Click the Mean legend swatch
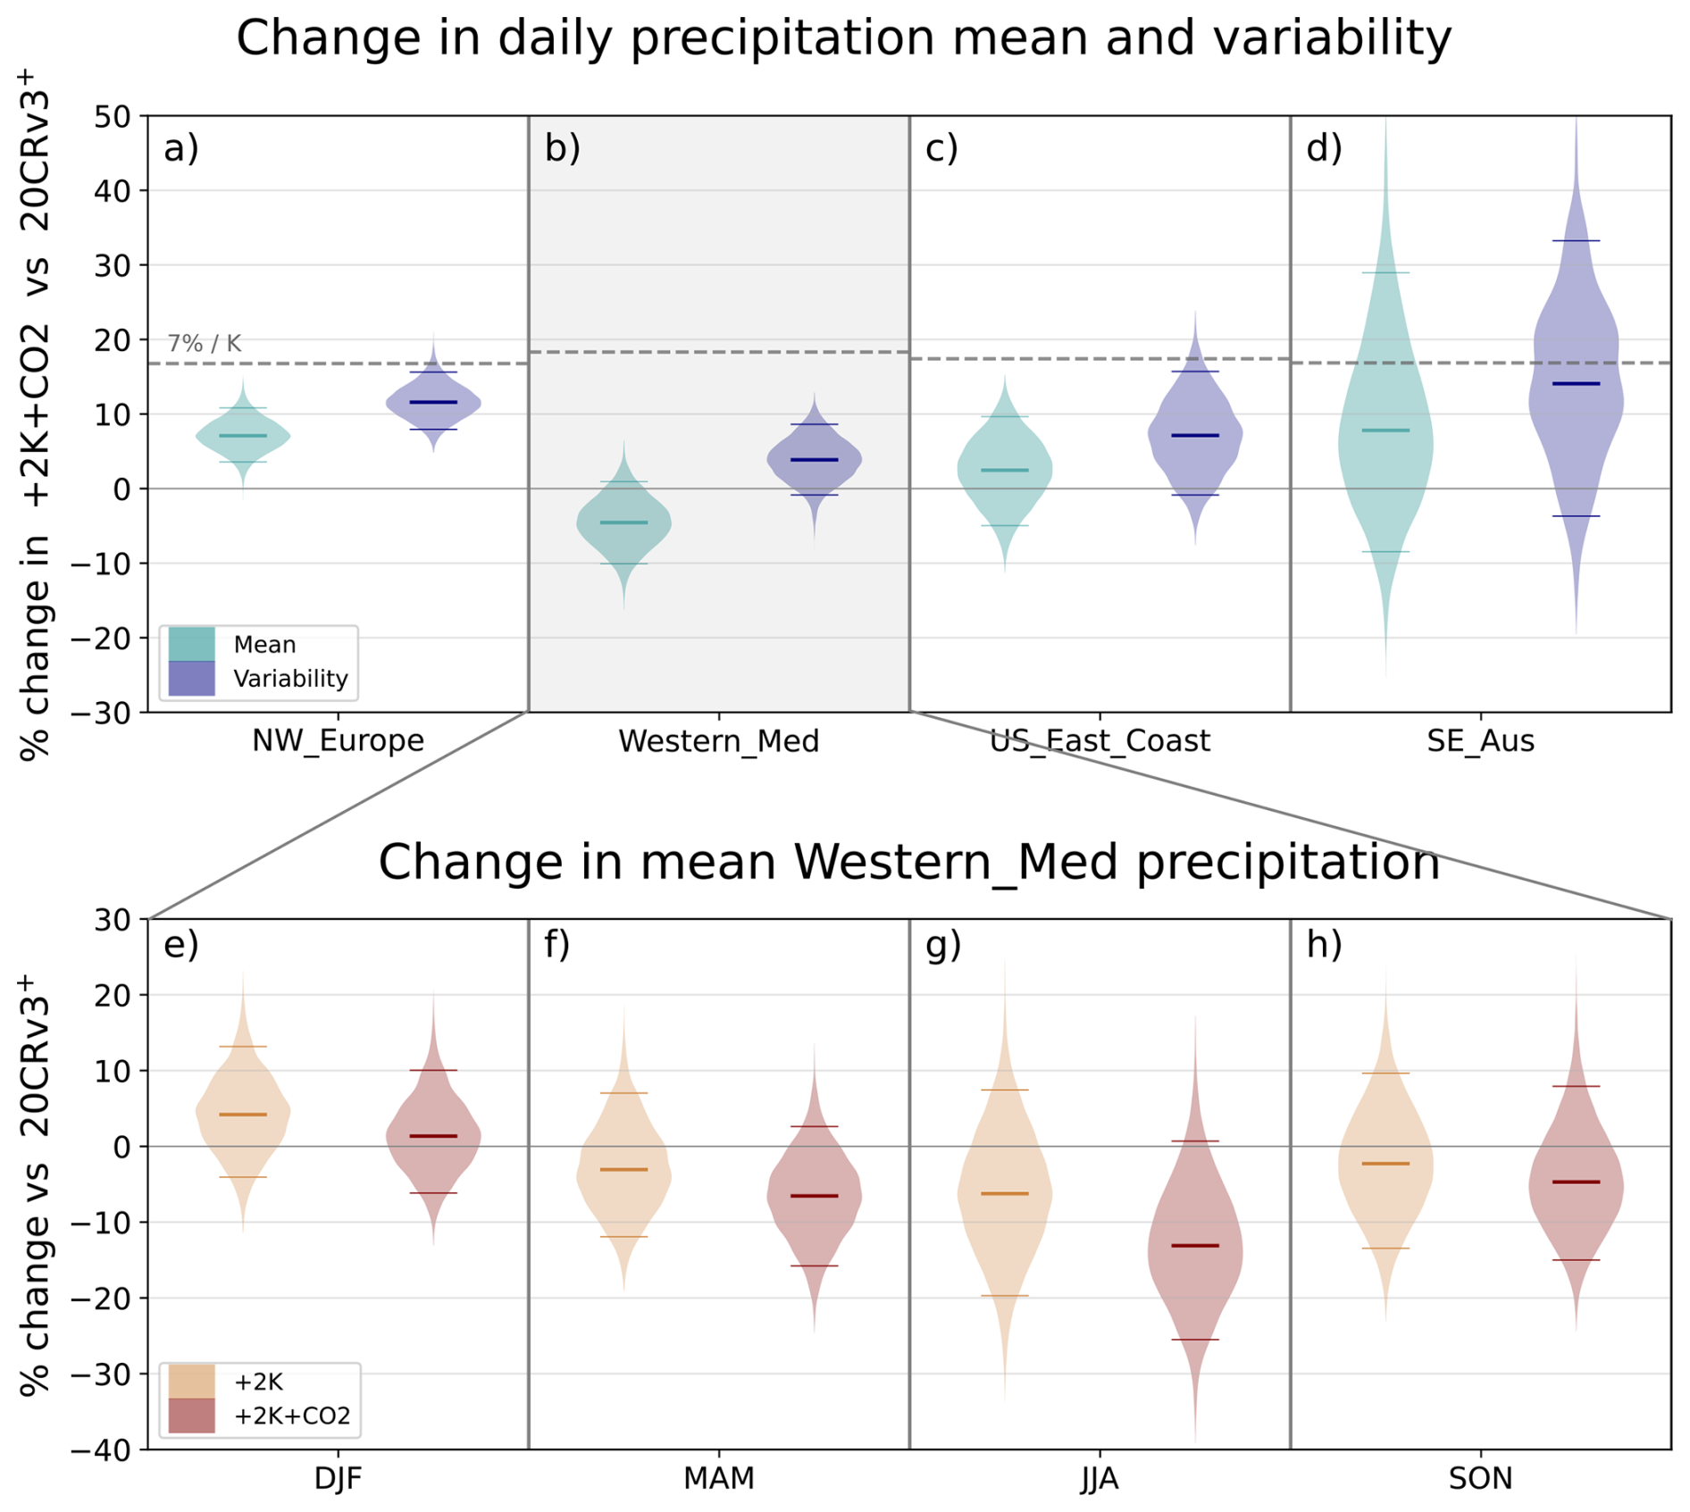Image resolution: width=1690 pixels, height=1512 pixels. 191,644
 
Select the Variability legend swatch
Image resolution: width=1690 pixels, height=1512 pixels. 191,678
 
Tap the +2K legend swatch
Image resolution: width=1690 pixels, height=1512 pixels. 191,1382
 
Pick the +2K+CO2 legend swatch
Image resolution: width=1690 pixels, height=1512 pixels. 191,1416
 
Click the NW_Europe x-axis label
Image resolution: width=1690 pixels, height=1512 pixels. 339,741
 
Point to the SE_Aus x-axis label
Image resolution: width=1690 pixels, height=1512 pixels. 1480,741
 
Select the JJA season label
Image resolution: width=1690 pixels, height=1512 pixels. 1100,1479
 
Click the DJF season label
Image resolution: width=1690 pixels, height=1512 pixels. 339,1479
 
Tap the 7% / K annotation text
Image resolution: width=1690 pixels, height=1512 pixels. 205,343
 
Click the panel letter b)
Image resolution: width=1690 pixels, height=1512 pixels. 563,148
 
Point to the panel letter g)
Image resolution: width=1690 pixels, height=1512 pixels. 943,945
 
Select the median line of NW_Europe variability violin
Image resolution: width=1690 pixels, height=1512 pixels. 433,403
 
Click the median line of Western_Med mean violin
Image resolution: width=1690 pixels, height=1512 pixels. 623,522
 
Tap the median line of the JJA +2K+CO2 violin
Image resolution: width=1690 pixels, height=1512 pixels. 1195,1246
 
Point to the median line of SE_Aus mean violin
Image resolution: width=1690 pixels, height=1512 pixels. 1385,430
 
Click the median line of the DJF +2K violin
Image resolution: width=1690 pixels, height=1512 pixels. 243,1115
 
